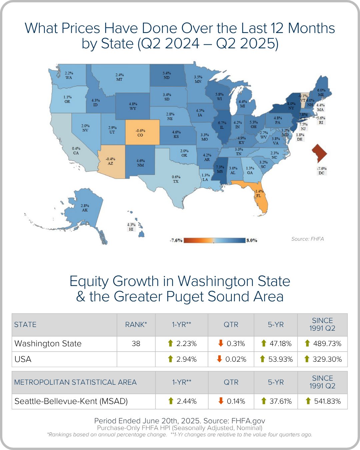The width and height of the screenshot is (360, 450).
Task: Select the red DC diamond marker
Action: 319,153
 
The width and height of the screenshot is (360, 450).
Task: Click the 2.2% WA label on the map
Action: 69,75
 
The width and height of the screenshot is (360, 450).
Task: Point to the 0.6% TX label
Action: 176,179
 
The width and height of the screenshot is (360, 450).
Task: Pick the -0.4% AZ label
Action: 110,161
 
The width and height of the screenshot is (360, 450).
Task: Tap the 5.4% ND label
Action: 167,75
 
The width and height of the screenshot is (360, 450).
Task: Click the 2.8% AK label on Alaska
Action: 85,208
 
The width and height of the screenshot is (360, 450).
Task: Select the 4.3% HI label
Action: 131,227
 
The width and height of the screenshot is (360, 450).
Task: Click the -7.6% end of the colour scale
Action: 176,240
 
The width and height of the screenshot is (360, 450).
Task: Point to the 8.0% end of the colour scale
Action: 252,240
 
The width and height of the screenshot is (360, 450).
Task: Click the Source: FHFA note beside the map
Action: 307,239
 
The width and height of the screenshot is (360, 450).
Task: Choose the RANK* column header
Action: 136,325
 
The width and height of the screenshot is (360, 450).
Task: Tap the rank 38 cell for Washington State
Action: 136,344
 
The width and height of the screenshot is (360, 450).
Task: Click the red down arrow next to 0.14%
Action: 221,401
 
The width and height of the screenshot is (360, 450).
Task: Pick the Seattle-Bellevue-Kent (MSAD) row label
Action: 71,401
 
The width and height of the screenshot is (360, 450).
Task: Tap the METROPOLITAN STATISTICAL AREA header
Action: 75,382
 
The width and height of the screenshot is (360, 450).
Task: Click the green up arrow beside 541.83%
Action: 308,401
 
